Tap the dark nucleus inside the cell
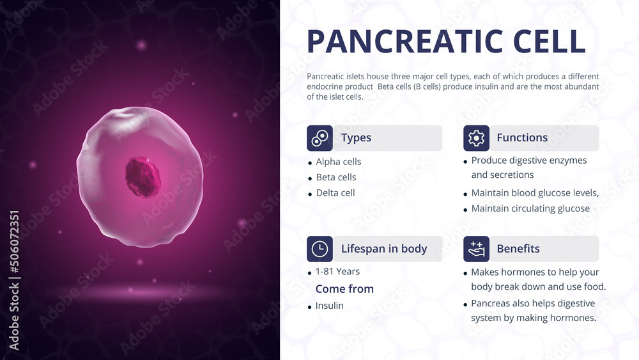pyautogui.click(x=143, y=176)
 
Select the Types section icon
pyautogui.click(x=319, y=138)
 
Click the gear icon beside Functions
pyautogui.click(x=476, y=138)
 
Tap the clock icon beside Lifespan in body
pyautogui.click(x=319, y=249)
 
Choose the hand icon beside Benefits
pyautogui.click(x=476, y=249)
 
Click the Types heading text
pyautogui.click(x=356, y=138)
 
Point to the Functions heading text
pyautogui.click(x=522, y=138)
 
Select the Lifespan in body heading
pyautogui.click(x=383, y=249)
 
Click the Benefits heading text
pyautogui.click(x=518, y=249)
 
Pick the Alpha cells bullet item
pyautogui.click(x=338, y=162)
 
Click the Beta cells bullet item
pyautogui.click(x=336, y=177)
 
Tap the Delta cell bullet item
pyautogui.click(x=335, y=192)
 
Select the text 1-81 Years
pyautogui.click(x=337, y=271)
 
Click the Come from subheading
pyautogui.click(x=344, y=289)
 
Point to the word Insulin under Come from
pyautogui.click(x=329, y=306)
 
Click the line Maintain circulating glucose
pyautogui.click(x=530, y=208)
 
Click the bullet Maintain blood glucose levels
pyautogui.click(x=535, y=193)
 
